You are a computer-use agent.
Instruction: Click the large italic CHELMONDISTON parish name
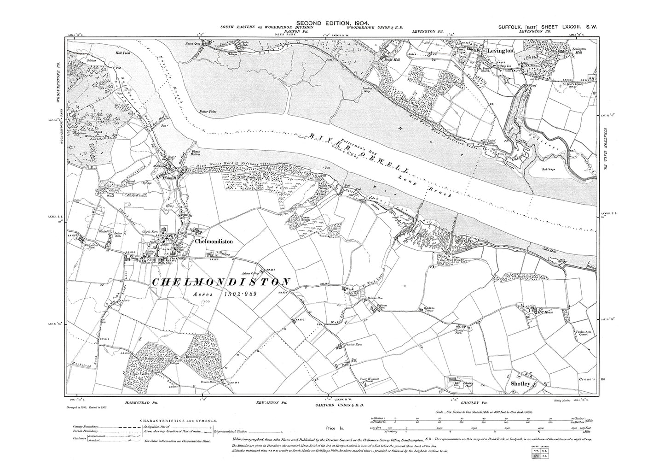point(221,282)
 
